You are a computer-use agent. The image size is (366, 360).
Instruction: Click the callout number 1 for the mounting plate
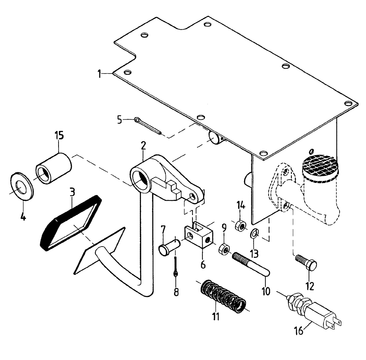99,74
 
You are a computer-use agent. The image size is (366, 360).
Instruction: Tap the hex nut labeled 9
223,250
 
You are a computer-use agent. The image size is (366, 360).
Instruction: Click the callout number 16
299,331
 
